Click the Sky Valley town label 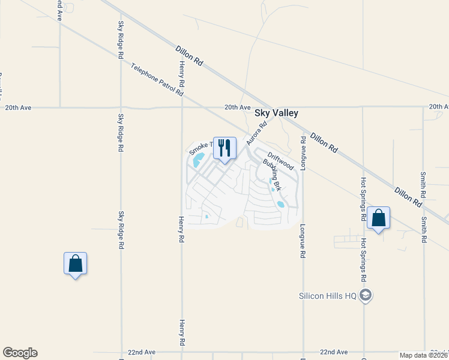[276, 113]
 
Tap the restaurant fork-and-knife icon [224, 148]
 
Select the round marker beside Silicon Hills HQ [367, 295]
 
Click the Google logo [20, 353]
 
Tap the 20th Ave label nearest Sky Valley [237, 107]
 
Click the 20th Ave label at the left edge [17, 107]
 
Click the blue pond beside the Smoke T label [199, 160]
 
